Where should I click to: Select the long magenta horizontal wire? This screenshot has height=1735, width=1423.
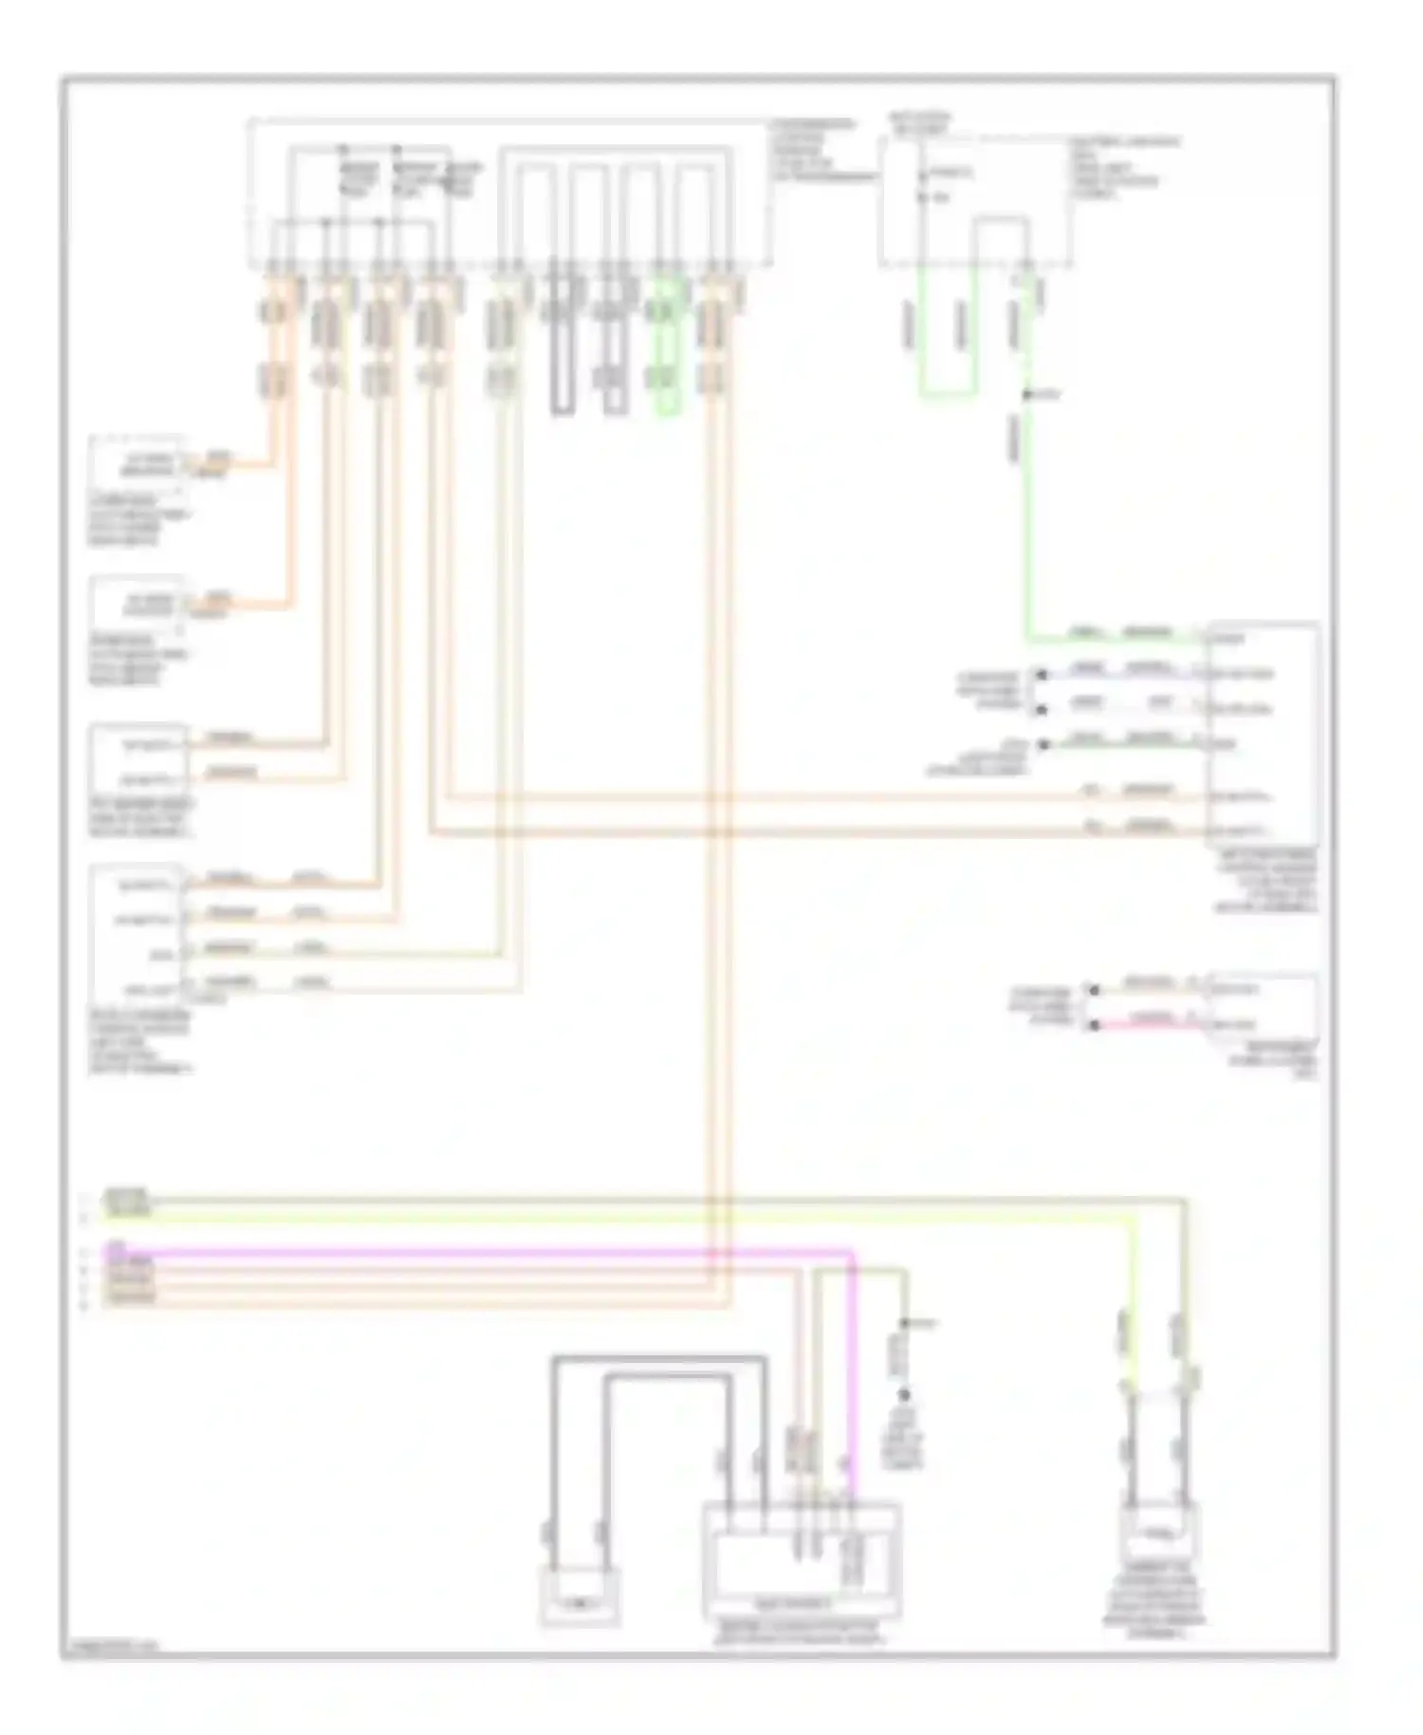[474, 1253]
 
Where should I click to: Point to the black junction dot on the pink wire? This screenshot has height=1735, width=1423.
[1094, 1026]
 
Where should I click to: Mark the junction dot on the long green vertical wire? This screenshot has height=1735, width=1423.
[1026, 394]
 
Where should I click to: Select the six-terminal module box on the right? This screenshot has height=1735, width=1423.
[1262, 733]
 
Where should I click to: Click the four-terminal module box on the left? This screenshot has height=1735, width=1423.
[139, 935]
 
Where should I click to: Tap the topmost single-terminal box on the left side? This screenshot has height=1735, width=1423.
[139, 465]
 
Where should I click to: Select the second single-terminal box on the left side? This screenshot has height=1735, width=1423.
[139, 604]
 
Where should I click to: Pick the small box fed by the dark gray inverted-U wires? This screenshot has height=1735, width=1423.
[580, 1596]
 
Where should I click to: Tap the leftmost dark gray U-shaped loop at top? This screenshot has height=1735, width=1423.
[562, 342]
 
